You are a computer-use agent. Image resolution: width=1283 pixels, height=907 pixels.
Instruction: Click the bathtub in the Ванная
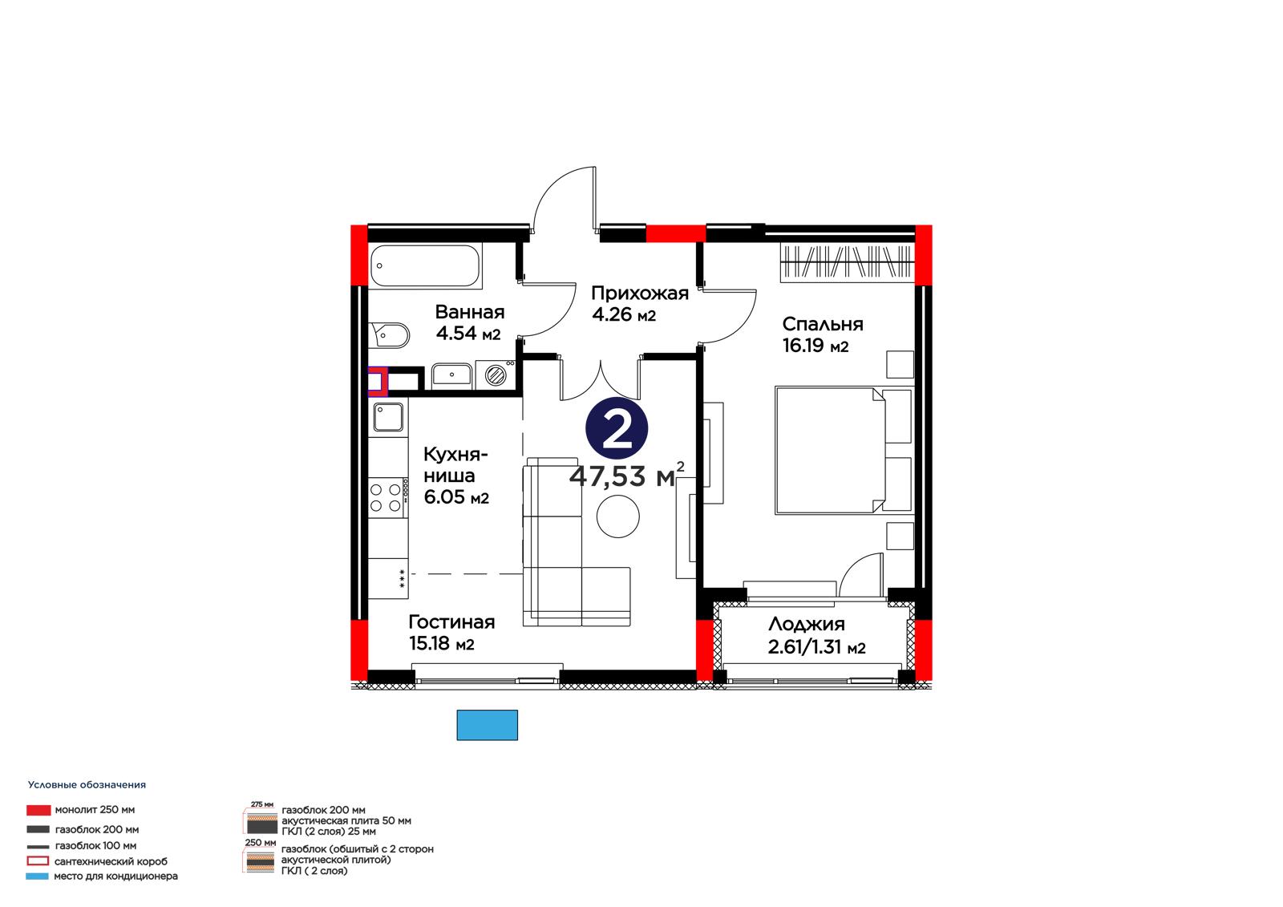coord(425,265)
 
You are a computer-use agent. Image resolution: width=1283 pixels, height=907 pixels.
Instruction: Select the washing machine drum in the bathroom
coord(496,376)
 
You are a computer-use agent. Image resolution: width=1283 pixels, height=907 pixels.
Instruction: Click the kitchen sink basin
coord(388,416)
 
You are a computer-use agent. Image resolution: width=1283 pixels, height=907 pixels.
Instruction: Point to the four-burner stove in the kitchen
coord(388,498)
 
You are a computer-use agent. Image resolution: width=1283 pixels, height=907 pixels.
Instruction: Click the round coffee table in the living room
coord(617,516)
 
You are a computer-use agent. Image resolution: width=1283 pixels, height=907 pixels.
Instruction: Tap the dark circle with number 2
coord(617,428)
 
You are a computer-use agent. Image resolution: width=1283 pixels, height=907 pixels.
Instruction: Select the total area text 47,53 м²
coord(626,475)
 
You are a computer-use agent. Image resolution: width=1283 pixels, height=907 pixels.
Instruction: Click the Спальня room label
coord(823,324)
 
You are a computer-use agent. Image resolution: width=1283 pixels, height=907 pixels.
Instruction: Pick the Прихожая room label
coord(640,294)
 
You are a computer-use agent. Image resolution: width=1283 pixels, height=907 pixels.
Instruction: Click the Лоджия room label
coord(807,624)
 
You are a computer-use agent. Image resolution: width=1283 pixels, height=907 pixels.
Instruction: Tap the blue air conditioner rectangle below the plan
coord(487,725)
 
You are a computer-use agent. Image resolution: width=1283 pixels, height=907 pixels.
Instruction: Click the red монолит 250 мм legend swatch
coord(38,810)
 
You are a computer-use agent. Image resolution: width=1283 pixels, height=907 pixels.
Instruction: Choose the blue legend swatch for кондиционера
coord(37,877)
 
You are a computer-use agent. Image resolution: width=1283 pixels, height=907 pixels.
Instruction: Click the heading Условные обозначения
coord(87,785)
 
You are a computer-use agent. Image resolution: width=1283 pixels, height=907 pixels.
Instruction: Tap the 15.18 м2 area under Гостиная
coord(442,643)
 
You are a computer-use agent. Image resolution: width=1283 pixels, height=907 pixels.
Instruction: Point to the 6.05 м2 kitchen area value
coord(456,496)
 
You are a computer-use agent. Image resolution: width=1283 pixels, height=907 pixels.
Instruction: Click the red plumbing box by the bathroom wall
coord(378,382)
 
